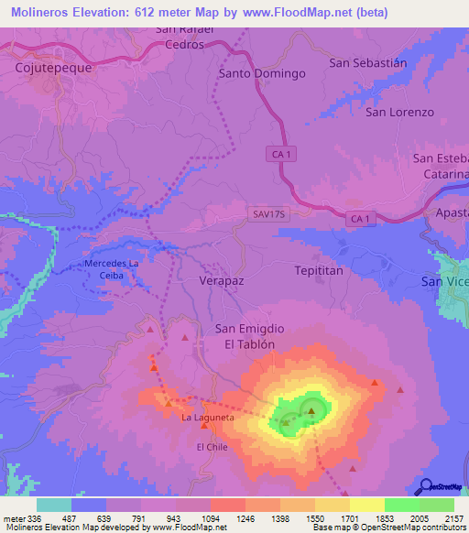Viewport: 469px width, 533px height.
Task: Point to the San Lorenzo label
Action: click(399, 112)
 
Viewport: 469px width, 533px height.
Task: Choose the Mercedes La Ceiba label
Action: click(111, 269)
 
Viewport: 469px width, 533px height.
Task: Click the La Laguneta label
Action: click(208, 418)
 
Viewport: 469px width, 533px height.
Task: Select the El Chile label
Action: click(212, 447)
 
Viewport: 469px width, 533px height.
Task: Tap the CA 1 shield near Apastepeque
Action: click(362, 219)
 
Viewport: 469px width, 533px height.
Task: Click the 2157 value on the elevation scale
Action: click(453, 517)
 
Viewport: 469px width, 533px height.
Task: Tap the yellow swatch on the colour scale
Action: click(366, 505)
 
